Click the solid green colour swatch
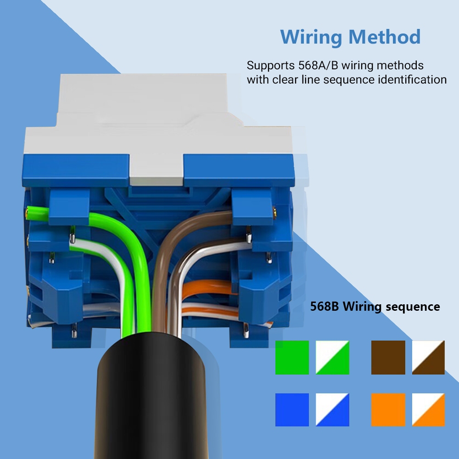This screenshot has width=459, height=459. (292, 357)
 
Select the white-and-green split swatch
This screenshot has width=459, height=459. (332, 357)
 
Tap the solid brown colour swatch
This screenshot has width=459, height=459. (388, 357)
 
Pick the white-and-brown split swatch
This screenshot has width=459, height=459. (428, 357)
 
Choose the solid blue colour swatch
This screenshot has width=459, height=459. (292, 409)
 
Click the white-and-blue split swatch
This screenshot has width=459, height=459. (332, 409)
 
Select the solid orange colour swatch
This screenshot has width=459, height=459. (388, 409)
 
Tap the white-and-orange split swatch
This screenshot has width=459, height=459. (428, 409)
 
